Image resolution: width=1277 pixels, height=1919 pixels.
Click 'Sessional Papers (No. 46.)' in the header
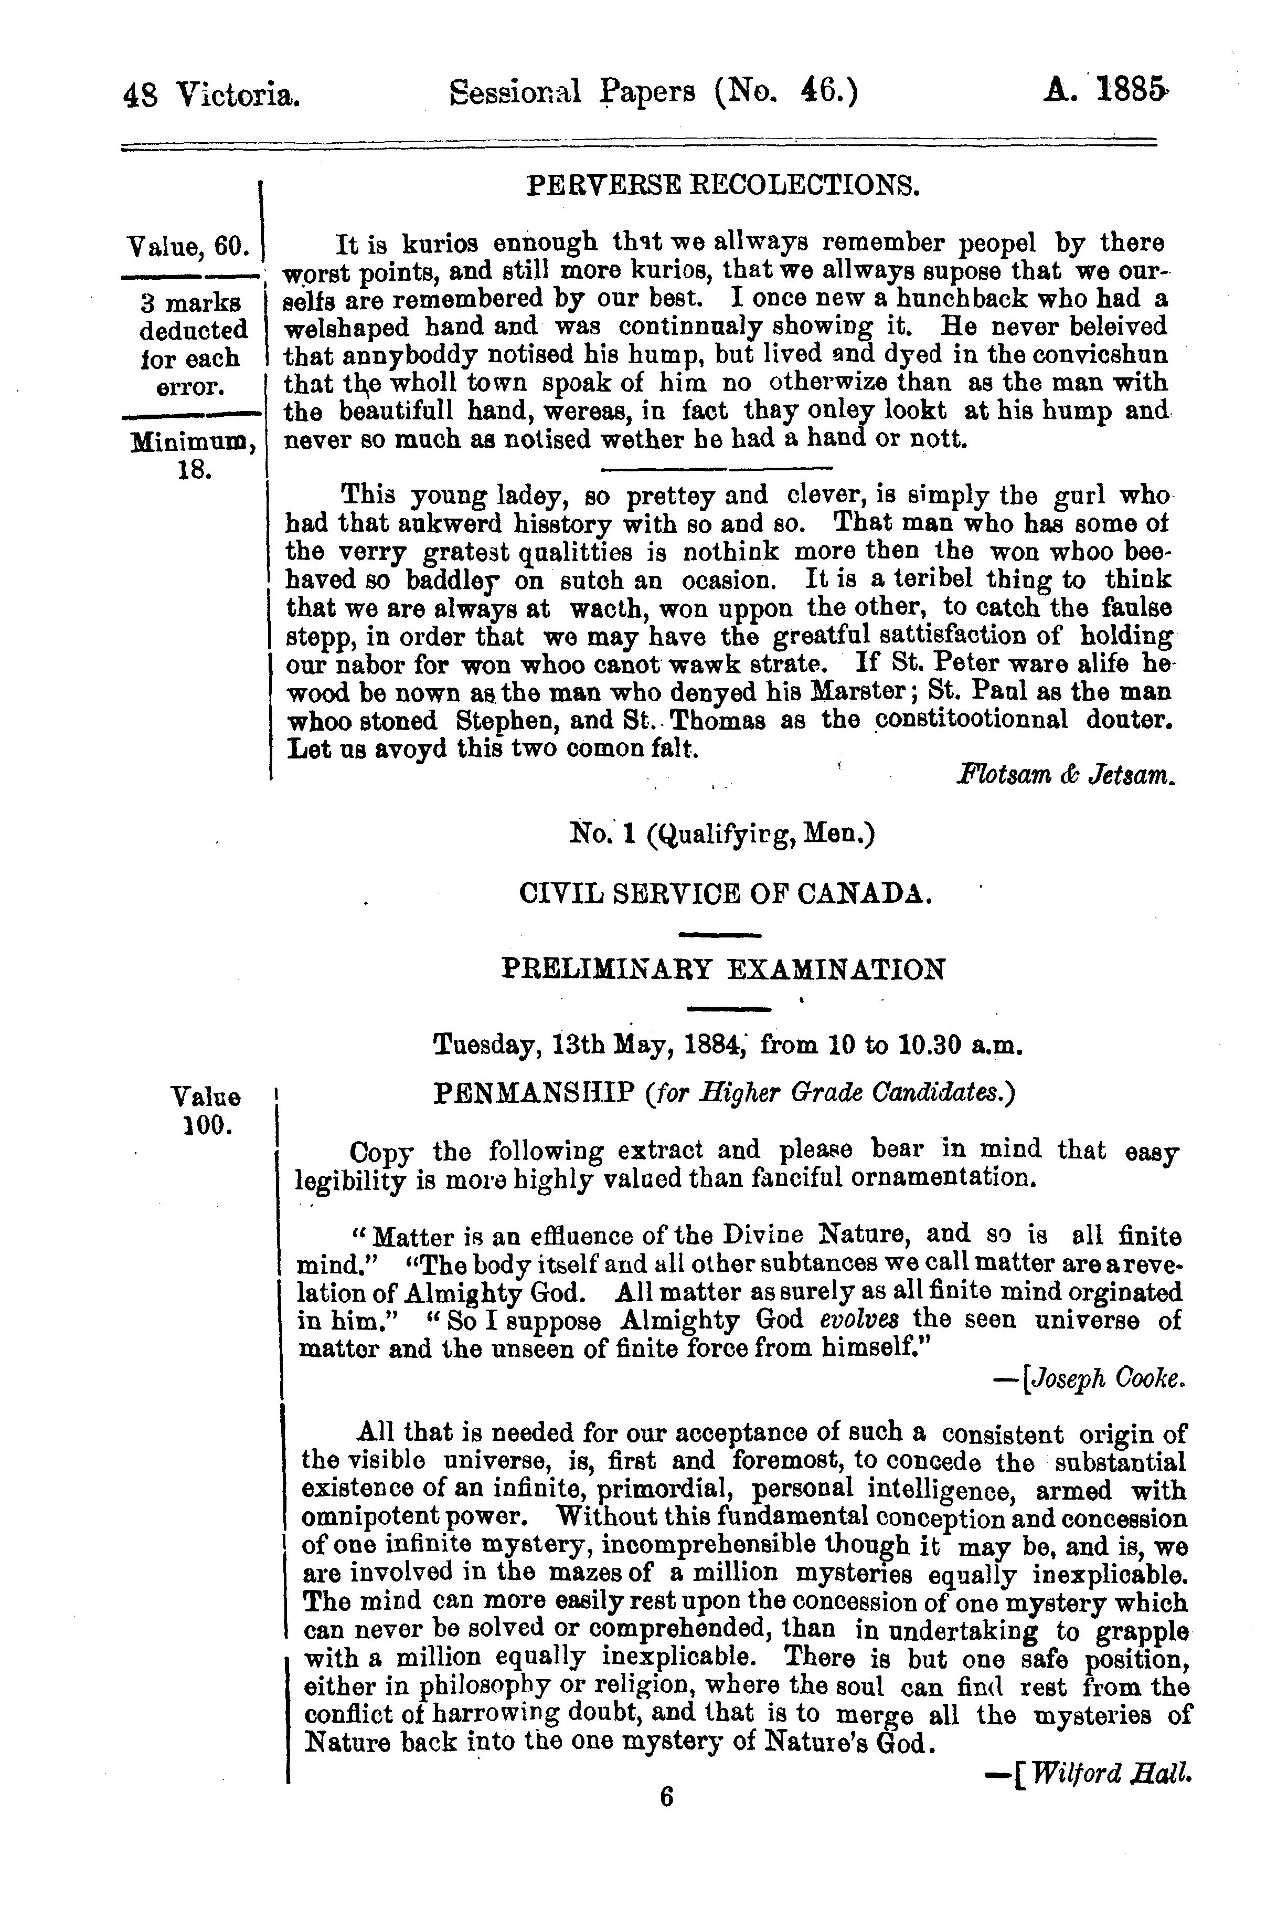[653, 93]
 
